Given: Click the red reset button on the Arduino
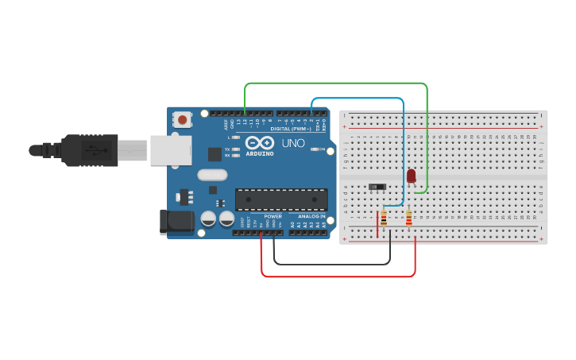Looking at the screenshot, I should point(183,120).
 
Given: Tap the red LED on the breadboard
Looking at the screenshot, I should point(411,176).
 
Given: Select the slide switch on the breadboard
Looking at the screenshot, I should point(377,188).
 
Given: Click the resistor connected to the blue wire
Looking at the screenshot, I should point(384,218).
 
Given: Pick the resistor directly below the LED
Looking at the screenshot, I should point(409,218).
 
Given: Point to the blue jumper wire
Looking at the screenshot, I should point(358,99).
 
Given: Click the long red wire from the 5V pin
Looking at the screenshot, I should point(338,277).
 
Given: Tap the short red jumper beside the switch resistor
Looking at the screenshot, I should point(377,224).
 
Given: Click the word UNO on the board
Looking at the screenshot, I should point(293,143).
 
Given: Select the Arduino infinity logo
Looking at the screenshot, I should point(260,142).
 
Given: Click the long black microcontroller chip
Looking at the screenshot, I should point(281,199).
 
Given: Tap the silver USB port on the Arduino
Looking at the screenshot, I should point(171,149).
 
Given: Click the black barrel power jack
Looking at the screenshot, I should point(176,222).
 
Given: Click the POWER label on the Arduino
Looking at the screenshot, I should point(273,216).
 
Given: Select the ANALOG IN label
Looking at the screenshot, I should point(311,216).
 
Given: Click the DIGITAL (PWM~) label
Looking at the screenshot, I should point(290,128).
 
